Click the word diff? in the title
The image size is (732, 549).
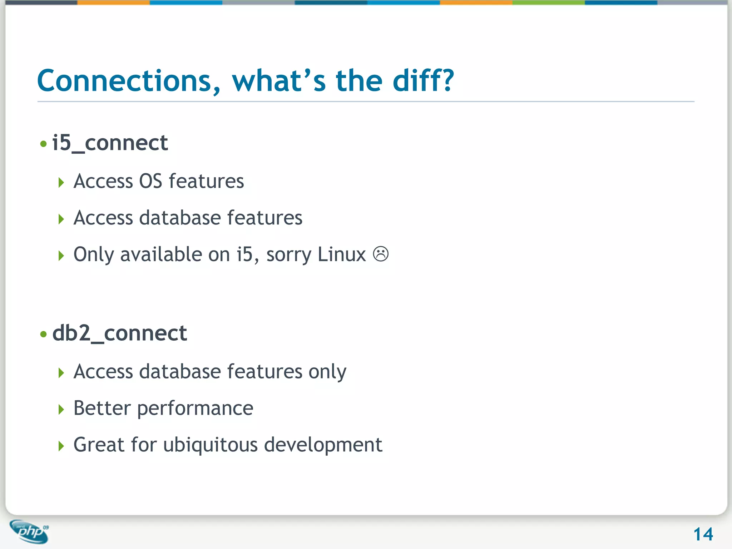[423, 81]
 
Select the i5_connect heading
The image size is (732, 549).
[110, 143]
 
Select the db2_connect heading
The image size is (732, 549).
[119, 333]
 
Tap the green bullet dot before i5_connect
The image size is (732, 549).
[44, 144]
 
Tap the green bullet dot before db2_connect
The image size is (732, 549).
[44, 335]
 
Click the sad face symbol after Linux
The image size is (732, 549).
[381, 254]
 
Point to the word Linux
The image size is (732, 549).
[341, 254]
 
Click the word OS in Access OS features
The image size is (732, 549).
[150, 181]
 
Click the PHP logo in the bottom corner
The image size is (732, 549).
[30, 531]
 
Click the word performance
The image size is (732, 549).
[195, 409]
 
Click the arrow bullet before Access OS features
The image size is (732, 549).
[61, 183]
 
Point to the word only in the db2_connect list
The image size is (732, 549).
[327, 372]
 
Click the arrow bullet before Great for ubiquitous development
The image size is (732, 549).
[61, 446]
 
